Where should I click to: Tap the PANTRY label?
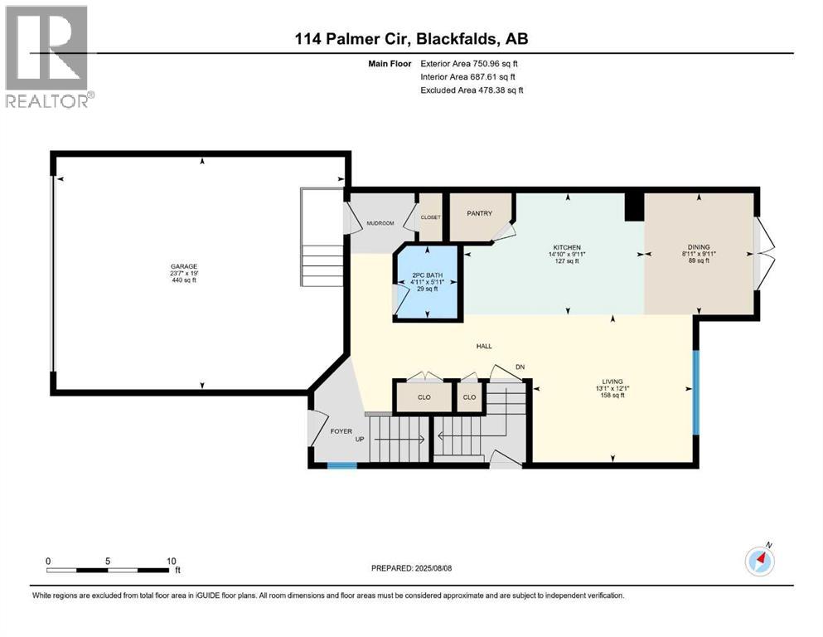tap(480, 213)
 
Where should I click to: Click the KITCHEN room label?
tap(568, 247)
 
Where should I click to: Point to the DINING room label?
tap(698, 247)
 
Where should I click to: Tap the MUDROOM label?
tap(380, 223)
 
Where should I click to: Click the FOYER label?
tap(341, 430)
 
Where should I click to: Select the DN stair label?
tap(520, 367)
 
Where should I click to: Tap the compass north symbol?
tap(759, 561)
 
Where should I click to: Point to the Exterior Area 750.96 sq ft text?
tap(471, 63)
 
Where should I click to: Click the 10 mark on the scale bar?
tap(171, 561)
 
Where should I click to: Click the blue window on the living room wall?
tap(696, 392)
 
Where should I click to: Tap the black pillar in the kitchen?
tap(634, 207)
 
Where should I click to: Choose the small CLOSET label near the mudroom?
tap(431, 217)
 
